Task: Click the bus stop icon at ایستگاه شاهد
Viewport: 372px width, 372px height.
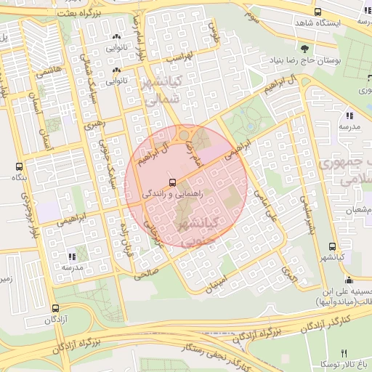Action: coord(318,12)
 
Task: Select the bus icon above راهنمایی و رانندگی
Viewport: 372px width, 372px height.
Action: coord(172,182)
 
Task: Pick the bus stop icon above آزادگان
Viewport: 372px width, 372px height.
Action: coord(56,307)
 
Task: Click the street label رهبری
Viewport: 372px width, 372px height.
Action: coord(94,124)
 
